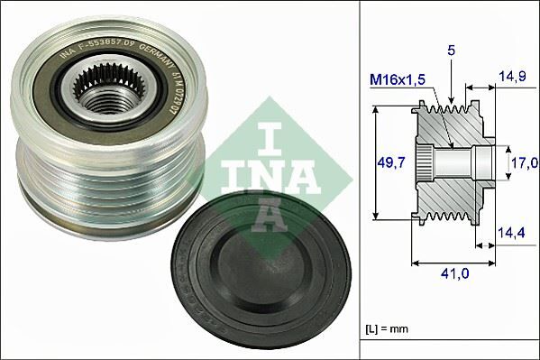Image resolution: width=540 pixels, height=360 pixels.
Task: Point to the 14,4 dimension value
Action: (x=513, y=234)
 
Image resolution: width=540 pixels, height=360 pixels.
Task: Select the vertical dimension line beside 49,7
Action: (x=373, y=162)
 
